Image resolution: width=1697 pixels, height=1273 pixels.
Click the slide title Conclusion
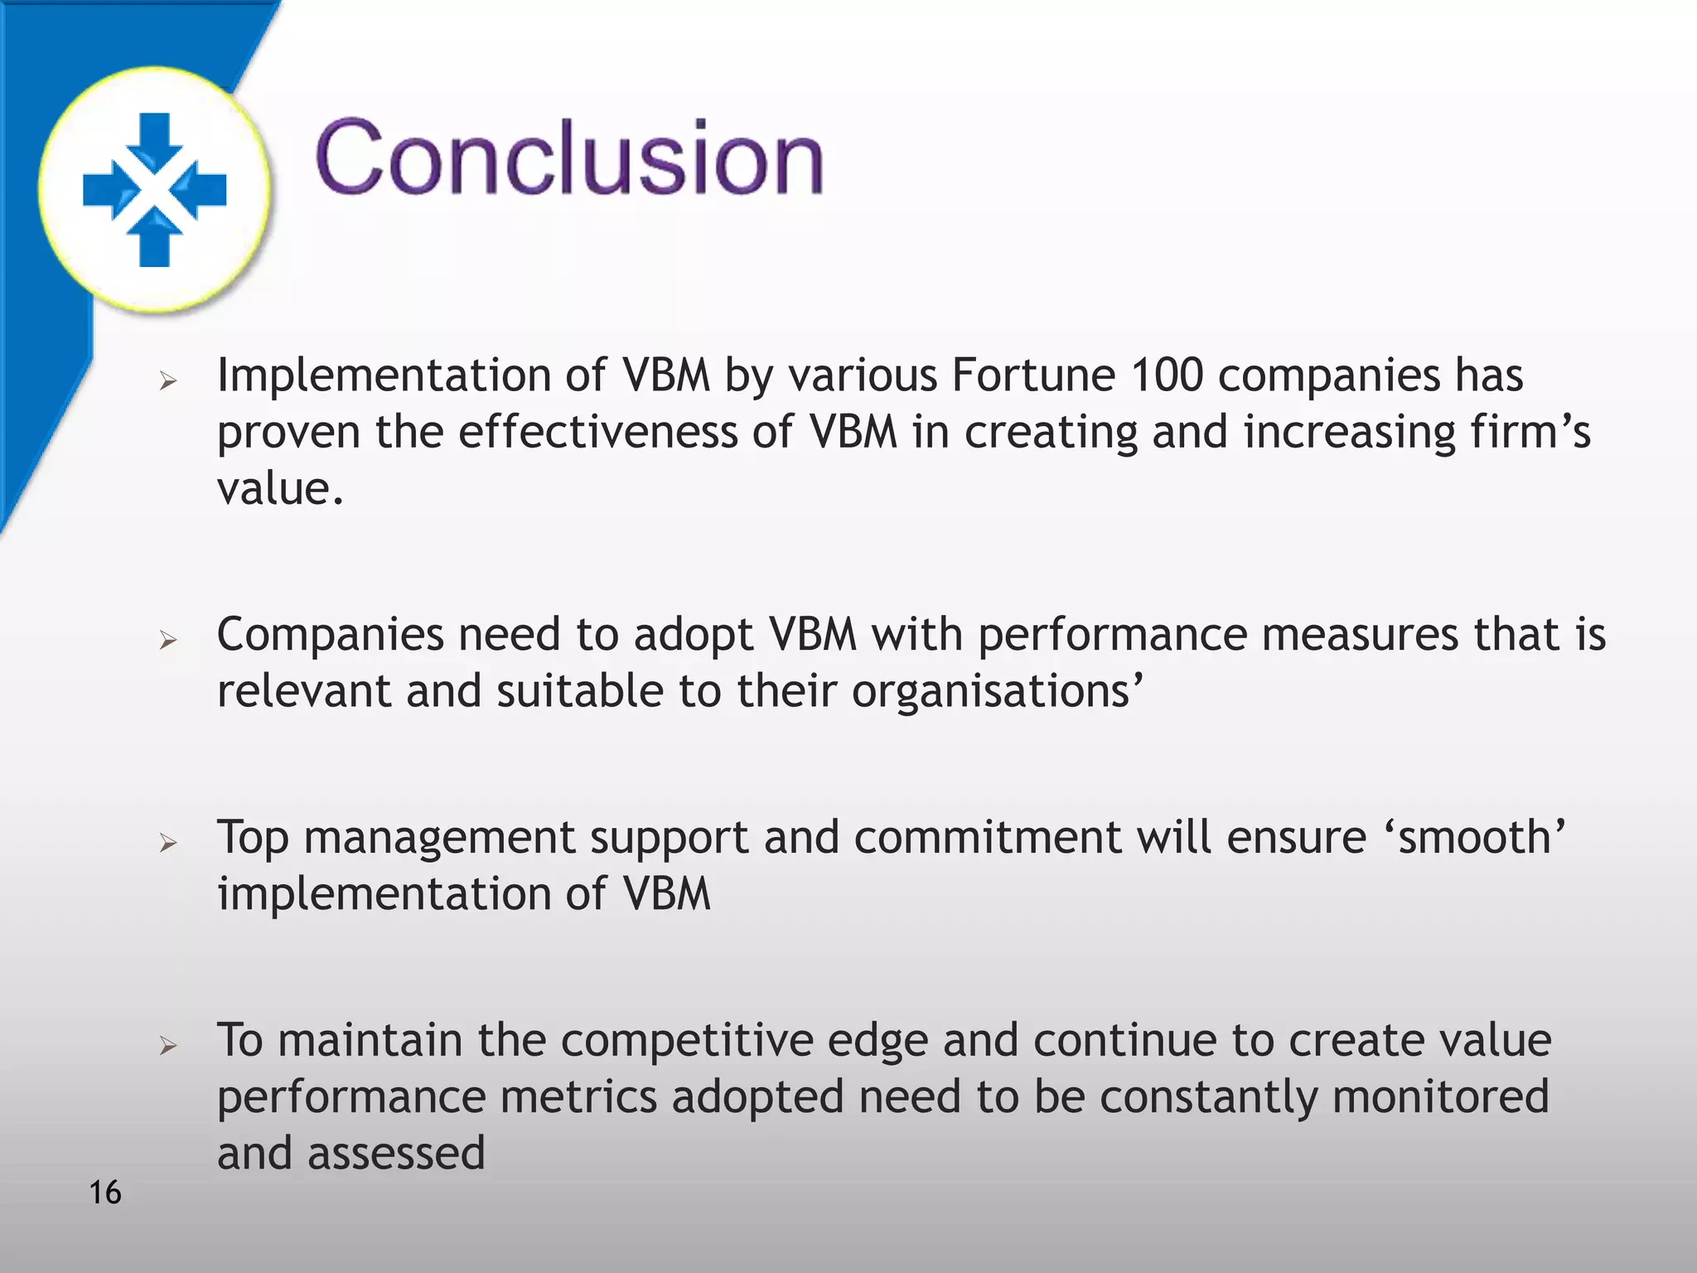pyautogui.click(x=569, y=157)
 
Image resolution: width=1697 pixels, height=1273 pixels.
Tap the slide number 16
pyautogui.click(x=104, y=1193)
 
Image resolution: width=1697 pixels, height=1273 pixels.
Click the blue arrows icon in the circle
pyautogui.click(x=154, y=190)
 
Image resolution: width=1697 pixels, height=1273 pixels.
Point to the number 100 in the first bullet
pyautogui.click(x=1167, y=375)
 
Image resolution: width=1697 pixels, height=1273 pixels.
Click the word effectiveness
pyautogui.click(x=597, y=432)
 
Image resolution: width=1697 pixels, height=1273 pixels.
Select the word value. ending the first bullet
pyautogui.click(x=279, y=489)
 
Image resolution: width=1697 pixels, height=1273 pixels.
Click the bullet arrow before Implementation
pyautogui.click(x=168, y=381)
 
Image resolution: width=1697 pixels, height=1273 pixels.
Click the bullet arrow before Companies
pyautogui.click(x=168, y=640)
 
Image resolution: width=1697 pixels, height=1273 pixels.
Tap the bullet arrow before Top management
pyautogui.click(x=168, y=844)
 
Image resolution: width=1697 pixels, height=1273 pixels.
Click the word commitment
pyautogui.click(x=987, y=837)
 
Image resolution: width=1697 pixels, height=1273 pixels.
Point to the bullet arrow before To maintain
pyautogui.click(x=168, y=1046)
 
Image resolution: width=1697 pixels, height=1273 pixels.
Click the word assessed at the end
pyautogui.click(x=396, y=1153)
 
